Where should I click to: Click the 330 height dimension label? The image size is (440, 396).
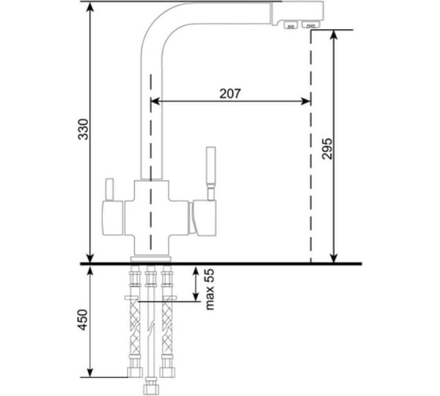tap(83, 130)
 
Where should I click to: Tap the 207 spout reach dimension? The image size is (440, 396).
tap(230, 93)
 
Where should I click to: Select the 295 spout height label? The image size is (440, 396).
tap(327, 148)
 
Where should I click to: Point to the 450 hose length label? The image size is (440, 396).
tap(83, 320)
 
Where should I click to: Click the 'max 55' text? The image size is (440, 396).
tap(210, 289)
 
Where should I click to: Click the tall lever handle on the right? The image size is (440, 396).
tap(211, 173)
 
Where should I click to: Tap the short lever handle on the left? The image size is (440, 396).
tap(109, 189)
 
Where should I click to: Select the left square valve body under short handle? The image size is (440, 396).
tap(112, 218)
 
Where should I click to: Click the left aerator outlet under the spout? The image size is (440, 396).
tap(291, 25)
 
